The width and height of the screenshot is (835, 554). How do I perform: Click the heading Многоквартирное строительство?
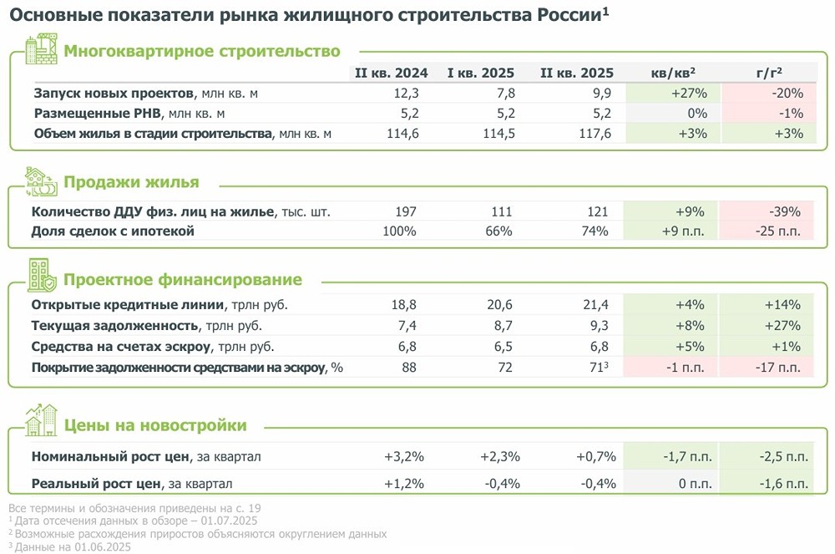(202, 51)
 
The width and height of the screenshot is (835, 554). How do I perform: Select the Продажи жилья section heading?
(132, 183)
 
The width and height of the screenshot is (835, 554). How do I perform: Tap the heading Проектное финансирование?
(183, 280)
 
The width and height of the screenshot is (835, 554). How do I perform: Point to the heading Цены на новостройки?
(155, 425)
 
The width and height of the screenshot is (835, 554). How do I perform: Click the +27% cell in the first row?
(690, 93)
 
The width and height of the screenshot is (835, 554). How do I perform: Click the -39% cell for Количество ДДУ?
(785, 211)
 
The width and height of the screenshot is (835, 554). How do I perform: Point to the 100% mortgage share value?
(398, 231)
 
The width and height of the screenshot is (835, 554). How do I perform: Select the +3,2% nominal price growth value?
(404, 456)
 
